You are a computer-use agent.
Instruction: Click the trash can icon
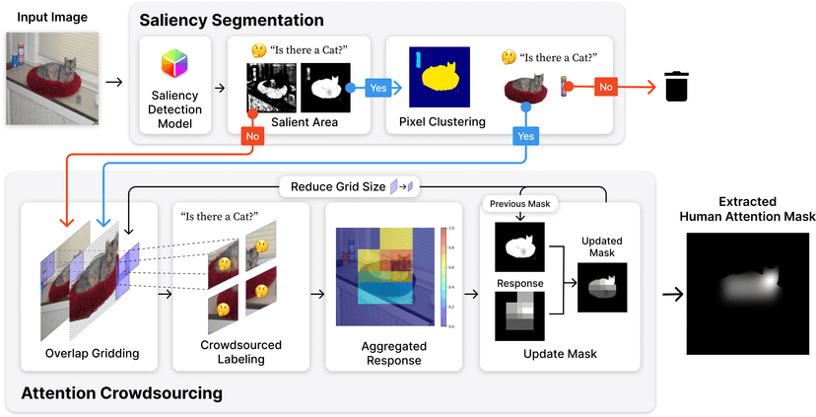pos(676,86)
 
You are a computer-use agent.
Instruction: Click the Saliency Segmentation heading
pos(232,20)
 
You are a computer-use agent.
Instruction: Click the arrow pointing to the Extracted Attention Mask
pos(674,293)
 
